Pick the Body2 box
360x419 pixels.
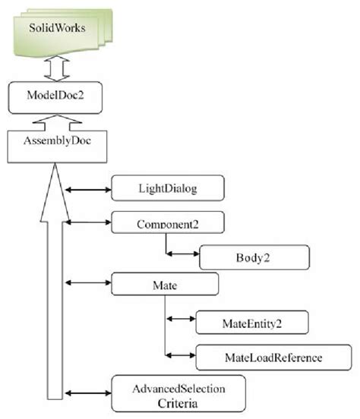click(254, 257)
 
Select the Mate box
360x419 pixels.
click(165, 284)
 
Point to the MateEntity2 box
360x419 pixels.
click(251, 322)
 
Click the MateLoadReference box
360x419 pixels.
click(261, 355)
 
